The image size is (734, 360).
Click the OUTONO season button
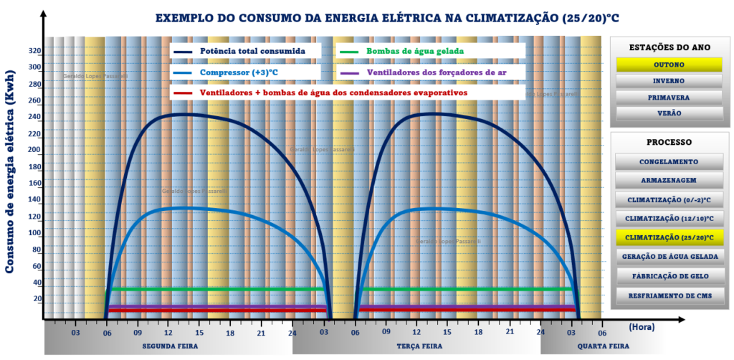669,64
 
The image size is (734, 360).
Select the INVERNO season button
669,80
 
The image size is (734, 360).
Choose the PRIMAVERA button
669,97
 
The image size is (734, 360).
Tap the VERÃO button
669,113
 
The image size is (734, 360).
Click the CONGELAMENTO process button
669,161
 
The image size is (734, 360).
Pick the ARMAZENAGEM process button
669,180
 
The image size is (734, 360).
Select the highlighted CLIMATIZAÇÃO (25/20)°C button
669,237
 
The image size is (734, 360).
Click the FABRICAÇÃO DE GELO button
669,275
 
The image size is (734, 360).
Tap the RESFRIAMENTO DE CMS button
669,295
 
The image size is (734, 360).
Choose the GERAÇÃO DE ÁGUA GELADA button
669,256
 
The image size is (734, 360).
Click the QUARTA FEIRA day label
602,346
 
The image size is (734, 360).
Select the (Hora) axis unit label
642,326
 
